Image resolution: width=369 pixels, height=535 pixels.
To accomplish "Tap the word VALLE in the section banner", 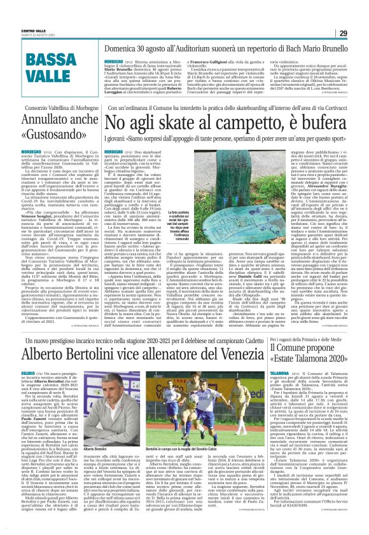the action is tap(50, 77).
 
